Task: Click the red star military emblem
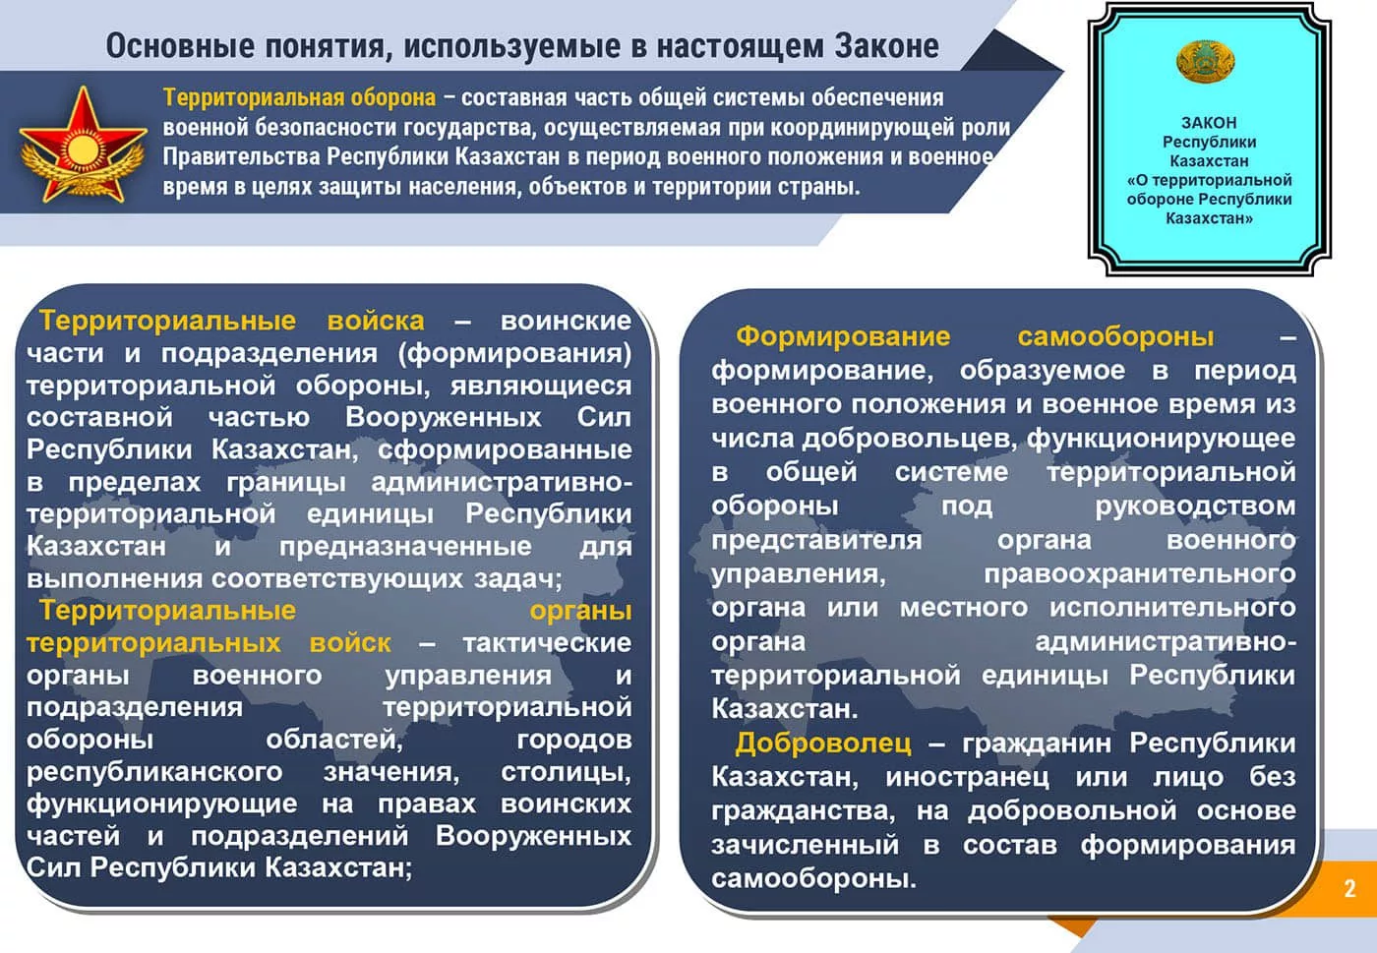pyautogui.click(x=83, y=146)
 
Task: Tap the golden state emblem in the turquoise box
pyautogui.click(x=1205, y=62)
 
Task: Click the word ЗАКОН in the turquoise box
pyautogui.click(x=1209, y=123)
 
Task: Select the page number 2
pyautogui.click(x=1349, y=888)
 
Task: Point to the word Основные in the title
pyautogui.click(x=180, y=46)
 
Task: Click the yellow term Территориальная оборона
pyautogui.click(x=299, y=97)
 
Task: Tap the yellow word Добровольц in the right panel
pyautogui.click(x=823, y=743)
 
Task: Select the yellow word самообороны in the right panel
pyautogui.click(x=1115, y=336)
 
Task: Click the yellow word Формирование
pyautogui.click(x=843, y=337)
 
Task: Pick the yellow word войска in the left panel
pyautogui.click(x=376, y=321)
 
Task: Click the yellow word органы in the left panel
pyautogui.click(x=580, y=612)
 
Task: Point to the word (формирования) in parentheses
pyautogui.click(x=514, y=353)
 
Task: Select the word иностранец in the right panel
pyautogui.click(x=968, y=778)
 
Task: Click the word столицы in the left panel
pyautogui.click(x=566, y=773)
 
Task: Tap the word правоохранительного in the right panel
pyautogui.click(x=1140, y=575)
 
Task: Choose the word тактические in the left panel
pyautogui.click(x=547, y=643)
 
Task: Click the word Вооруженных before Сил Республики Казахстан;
pyautogui.click(x=533, y=837)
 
